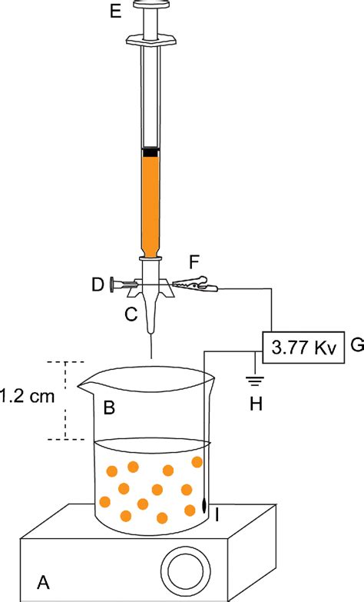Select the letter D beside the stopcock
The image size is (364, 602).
pos(97,285)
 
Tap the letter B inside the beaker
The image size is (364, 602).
pos(110,408)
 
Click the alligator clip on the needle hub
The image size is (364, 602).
pos(197,286)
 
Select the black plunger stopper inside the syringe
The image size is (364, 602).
pos(151,152)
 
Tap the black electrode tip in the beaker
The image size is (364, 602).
pos(204,504)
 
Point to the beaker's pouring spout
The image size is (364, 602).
pos(87,379)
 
